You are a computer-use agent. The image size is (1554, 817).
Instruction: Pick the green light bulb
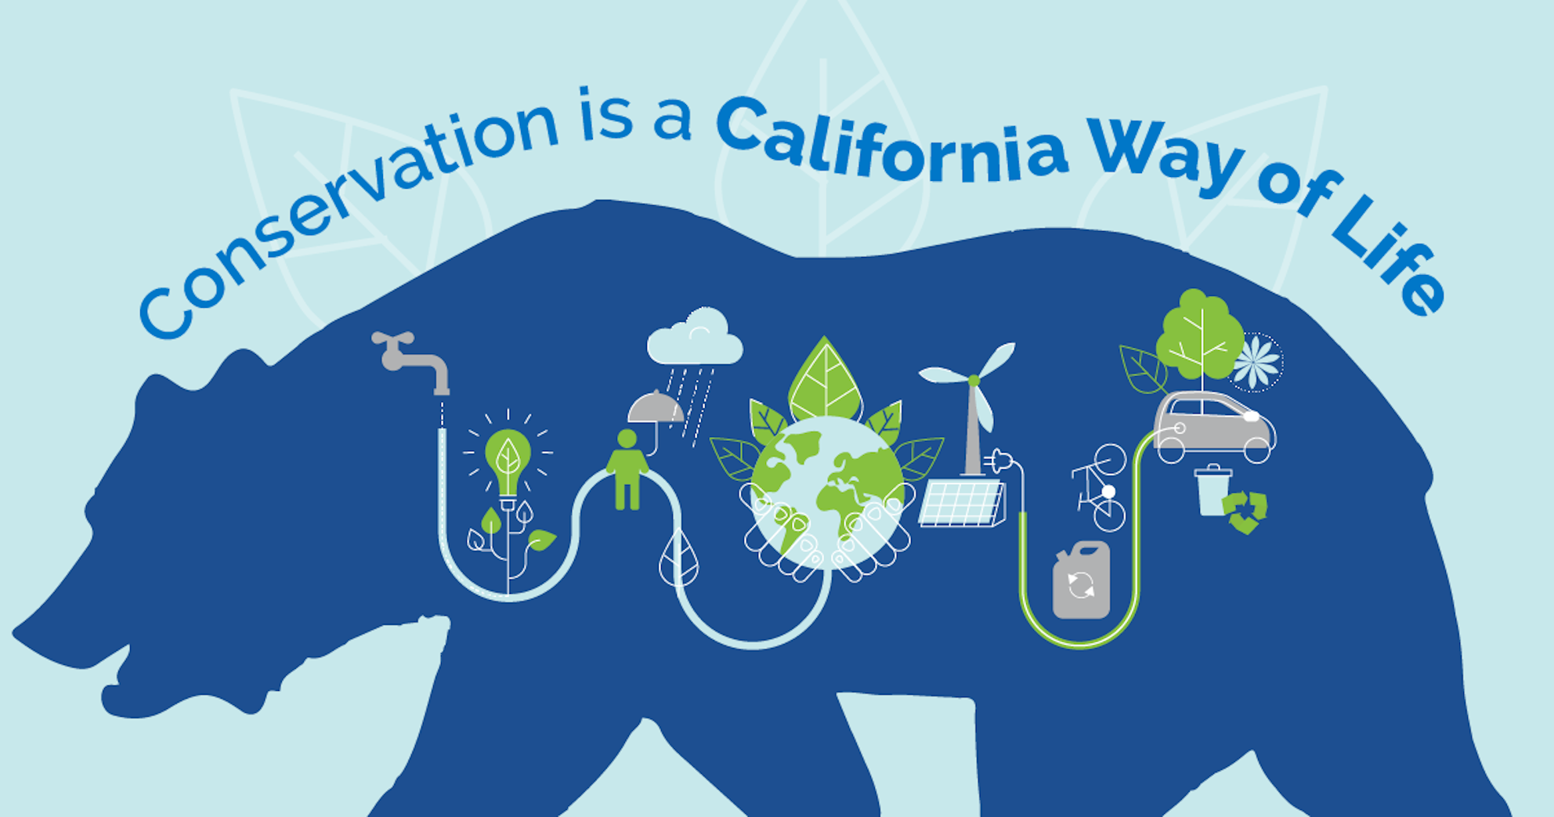click(x=508, y=462)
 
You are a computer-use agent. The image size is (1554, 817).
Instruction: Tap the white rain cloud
click(x=695, y=341)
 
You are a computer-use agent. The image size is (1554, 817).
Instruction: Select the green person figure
click(x=627, y=470)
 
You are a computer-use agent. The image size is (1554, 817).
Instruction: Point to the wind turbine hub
click(x=974, y=381)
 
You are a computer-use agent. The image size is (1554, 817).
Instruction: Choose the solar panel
click(x=962, y=503)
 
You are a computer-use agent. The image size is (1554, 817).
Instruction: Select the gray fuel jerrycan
click(x=1081, y=581)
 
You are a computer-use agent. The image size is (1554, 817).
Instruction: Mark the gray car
click(x=1214, y=427)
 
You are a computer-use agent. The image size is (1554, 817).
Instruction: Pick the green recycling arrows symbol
click(x=1245, y=512)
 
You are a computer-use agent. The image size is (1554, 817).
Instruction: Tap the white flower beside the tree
click(x=1256, y=362)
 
